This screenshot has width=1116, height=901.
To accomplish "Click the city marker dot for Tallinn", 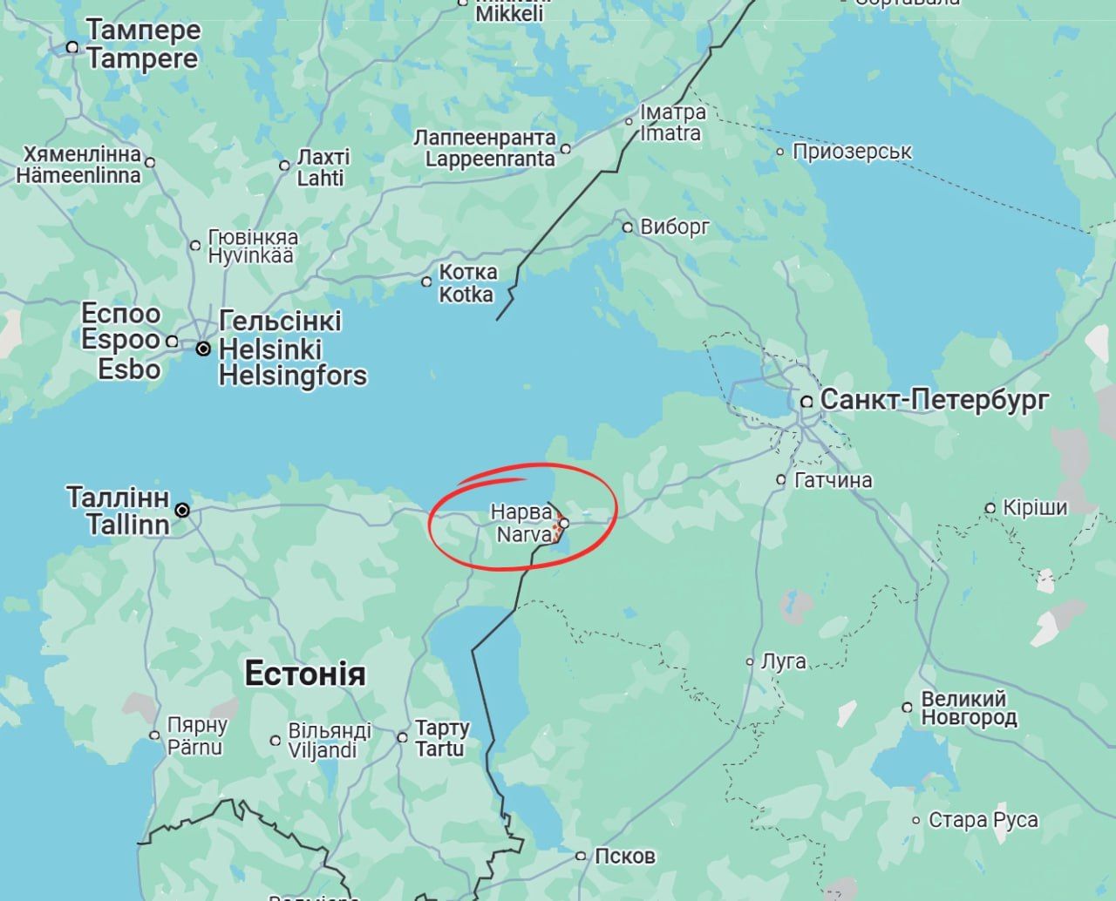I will pyautogui.click(x=182, y=510).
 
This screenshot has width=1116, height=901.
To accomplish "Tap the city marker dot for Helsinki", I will pyautogui.click(x=203, y=349).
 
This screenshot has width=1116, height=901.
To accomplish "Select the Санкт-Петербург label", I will pyautogui.click(x=935, y=401).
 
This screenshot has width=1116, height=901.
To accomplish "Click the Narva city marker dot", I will pyautogui.click(x=564, y=524).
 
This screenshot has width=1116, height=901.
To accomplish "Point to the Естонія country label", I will pyautogui.click(x=305, y=674).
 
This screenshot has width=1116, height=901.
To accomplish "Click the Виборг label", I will pyautogui.click(x=675, y=227).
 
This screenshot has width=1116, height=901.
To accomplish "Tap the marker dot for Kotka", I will pyautogui.click(x=426, y=281).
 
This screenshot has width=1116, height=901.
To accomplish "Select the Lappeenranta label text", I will pyautogui.click(x=490, y=159).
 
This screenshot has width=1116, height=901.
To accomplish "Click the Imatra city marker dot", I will pyautogui.click(x=629, y=122).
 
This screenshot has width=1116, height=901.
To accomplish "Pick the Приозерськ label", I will pyautogui.click(x=852, y=152).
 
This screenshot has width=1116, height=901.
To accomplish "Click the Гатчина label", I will pyautogui.click(x=834, y=480).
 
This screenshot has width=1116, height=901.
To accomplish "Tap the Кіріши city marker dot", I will pyautogui.click(x=990, y=508).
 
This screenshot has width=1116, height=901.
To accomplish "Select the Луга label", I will pyautogui.click(x=783, y=661).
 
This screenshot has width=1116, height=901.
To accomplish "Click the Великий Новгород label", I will pyautogui.click(x=969, y=708).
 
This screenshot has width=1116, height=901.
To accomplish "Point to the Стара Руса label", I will pyautogui.click(x=983, y=820).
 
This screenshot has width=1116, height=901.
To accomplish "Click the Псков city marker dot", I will pyautogui.click(x=582, y=856).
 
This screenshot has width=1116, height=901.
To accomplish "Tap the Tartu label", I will pyautogui.click(x=439, y=749).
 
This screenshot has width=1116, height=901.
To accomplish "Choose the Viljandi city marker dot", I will pyautogui.click(x=276, y=741).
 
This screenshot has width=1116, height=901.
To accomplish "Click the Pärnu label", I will pyautogui.click(x=196, y=747).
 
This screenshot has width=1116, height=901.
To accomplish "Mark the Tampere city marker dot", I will pyautogui.click(x=72, y=47).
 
